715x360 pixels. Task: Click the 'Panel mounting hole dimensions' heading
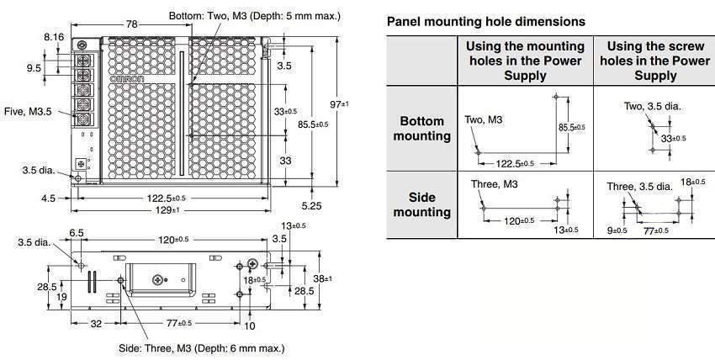pyautogui.click(x=486, y=21)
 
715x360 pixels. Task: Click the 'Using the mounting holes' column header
pyautogui.click(x=525, y=61)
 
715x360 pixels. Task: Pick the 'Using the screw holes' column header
pyautogui.click(x=655, y=61)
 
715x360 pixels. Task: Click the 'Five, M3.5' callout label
pyautogui.click(x=28, y=110)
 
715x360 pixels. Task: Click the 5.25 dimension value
pyautogui.click(x=311, y=204)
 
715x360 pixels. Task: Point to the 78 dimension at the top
pyautogui.click(x=132, y=24)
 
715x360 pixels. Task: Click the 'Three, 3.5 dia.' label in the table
pyautogui.click(x=639, y=186)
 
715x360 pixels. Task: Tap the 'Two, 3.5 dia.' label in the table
pyautogui.click(x=652, y=106)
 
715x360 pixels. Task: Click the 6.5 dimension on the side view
pyautogui.click(x=77, y=232)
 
